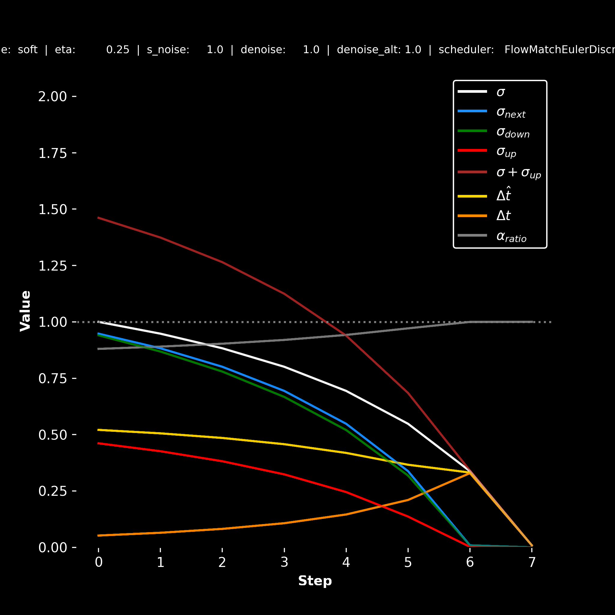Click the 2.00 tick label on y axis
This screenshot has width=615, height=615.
(53, 96)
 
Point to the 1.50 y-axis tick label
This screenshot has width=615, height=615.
(53, 210)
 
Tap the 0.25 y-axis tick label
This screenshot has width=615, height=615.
(53, 491)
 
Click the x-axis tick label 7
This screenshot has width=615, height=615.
(532, 562)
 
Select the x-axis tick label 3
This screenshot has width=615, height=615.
(284, 562)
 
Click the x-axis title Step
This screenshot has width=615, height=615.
(315, 581)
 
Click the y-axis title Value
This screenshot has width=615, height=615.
(26, 311)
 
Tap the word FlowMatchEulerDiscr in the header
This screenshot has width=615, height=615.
(559, 50)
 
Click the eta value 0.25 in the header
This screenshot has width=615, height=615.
(118, 50)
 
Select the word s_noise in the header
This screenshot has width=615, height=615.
(168, 50)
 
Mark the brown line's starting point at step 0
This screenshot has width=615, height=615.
(99, 218)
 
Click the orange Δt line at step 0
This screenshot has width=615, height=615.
(99, 535)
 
